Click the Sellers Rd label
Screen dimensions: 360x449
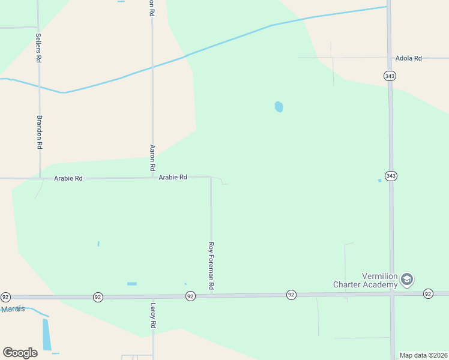pyautogui.click(x=39, y=49)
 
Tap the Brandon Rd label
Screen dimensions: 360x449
pyautogui.click(x=40, y=132)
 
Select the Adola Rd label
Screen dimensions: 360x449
pyautogui.click(x=408, y=58)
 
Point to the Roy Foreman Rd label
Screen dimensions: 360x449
pyautogui.click(x=211, y=266)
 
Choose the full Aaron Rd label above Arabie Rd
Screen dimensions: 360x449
pyautogui.click(x=152, y=157)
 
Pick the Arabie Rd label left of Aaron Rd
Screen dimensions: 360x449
pyautogui.click(x=68, y=178)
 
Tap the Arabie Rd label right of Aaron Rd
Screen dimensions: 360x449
pyautogui.click(x=173, y=178)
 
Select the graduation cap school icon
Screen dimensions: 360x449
pyautogui.click(x=407, y=280)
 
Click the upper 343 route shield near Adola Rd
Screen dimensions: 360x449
pyautogui.click(x=390, y=76)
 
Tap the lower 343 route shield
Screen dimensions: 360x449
pyautogui.click(x=391, y=176)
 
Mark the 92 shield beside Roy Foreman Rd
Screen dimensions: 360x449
pyautogui.click(x=190, y=296)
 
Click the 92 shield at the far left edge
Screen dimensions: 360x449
pyautogui.click(x=5, y=297)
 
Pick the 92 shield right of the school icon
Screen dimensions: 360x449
pyautogui.click(x=427, y=293)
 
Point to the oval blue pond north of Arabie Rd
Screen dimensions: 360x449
pyautogui.click(x=279, y=107)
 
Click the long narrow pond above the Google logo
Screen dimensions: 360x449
pyautogui.click(x=47, y=334)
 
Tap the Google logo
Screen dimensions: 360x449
pyautogui.click(x=20, y=352)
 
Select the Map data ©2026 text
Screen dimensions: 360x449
pyautogui.click(x=423, y=355)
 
